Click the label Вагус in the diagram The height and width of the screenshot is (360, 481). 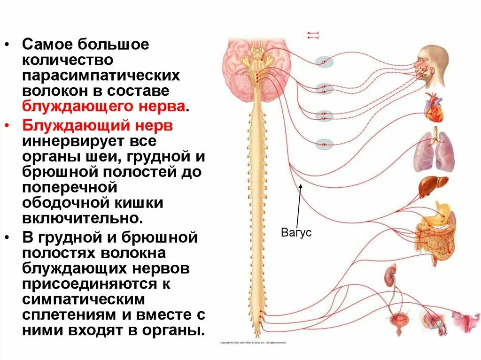pos(296,233)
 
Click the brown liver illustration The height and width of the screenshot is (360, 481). pos(433,186)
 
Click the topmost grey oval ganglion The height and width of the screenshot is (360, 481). pos(324,61)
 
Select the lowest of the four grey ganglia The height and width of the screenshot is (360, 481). pos(324,144)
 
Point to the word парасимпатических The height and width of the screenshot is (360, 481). pos(101,76)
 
